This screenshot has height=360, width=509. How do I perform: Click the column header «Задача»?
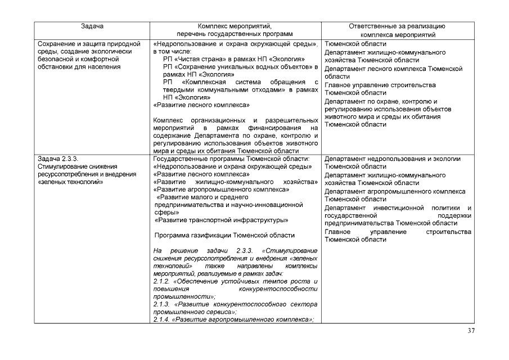point(91,26)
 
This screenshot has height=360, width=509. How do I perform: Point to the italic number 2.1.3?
point(162,304)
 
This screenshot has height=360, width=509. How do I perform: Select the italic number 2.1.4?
point(162,319)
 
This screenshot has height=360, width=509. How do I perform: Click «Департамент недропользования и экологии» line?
point(393,159)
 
